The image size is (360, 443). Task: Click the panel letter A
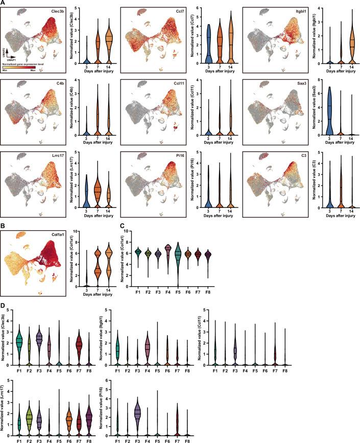[x=4, y=3]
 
